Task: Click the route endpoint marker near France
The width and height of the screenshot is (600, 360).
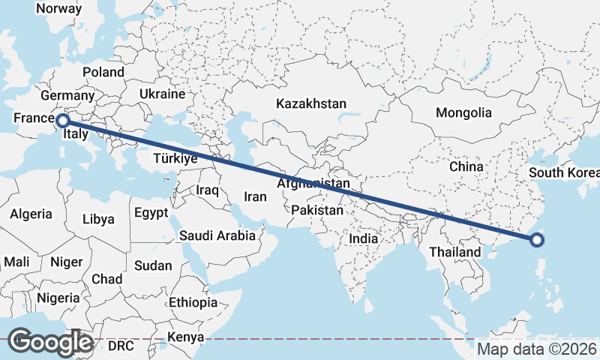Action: (x=63, y=120)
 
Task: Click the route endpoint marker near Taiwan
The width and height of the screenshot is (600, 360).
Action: (x=536, y=240)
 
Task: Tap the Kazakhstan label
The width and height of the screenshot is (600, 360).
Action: (x=310, y=103)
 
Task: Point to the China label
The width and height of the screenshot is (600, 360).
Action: (x=466, y=166)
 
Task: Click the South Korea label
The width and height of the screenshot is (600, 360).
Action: (x=564, y=172)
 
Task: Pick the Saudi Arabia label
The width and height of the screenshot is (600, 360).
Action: (x=217, y=235)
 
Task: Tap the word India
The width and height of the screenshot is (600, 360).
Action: (x=364, y=238)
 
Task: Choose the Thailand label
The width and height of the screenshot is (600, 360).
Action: (x=454, y=252)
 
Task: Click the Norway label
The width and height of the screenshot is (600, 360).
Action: (x=58, y=8)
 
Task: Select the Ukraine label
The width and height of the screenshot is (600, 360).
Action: (x=162, y=94)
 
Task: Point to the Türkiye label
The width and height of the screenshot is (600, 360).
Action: (x=175, y=158)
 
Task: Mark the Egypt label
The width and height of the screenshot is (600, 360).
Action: (x=151, y=212)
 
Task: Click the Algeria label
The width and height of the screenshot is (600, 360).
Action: (x=31, y=214)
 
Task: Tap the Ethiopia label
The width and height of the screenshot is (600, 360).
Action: (x=193, y=302)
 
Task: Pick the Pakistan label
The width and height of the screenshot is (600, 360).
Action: (x=317, y=211)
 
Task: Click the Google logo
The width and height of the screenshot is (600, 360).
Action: (x=50, y=342)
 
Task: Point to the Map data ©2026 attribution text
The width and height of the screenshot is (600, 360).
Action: (x=537, y=349)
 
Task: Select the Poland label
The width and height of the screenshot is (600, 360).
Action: (x=103, y=72)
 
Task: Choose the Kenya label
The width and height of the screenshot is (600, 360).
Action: (x=184, y=337)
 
